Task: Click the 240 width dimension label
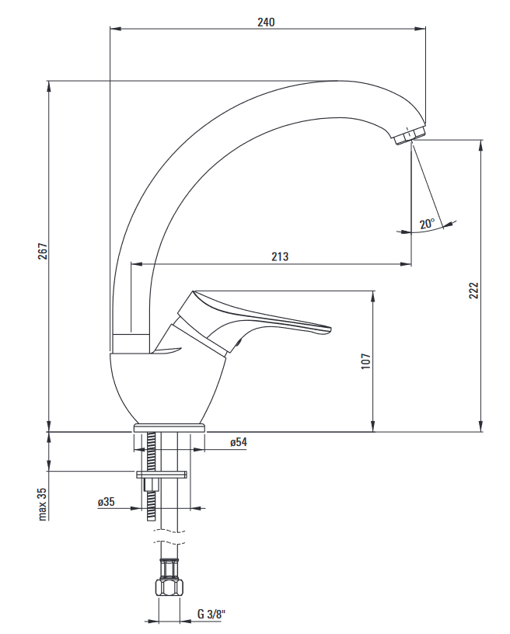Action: [x=266, y=22]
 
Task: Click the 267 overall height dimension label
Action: [x=43, y=251]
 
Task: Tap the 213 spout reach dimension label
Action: [x=280, y=256]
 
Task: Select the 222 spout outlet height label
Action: [x=473, y=291]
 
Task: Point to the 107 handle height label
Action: [x=365, y=361]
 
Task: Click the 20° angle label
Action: [x=427, y=223]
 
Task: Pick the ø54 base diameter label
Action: [x=239, y=442]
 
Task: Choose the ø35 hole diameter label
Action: [x=107, y=502]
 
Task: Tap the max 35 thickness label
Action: [x=43, y=503]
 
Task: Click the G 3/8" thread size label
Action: [x=211, y=625]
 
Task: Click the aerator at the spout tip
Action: [x=408, y=134]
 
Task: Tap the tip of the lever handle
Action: [x=330, y=329]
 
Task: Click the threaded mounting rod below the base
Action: [x=151, y=477]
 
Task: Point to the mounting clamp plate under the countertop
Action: [x=162, y=474]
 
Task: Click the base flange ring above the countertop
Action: [x=169, y=428]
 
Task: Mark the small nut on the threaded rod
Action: [x=151, y=484]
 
